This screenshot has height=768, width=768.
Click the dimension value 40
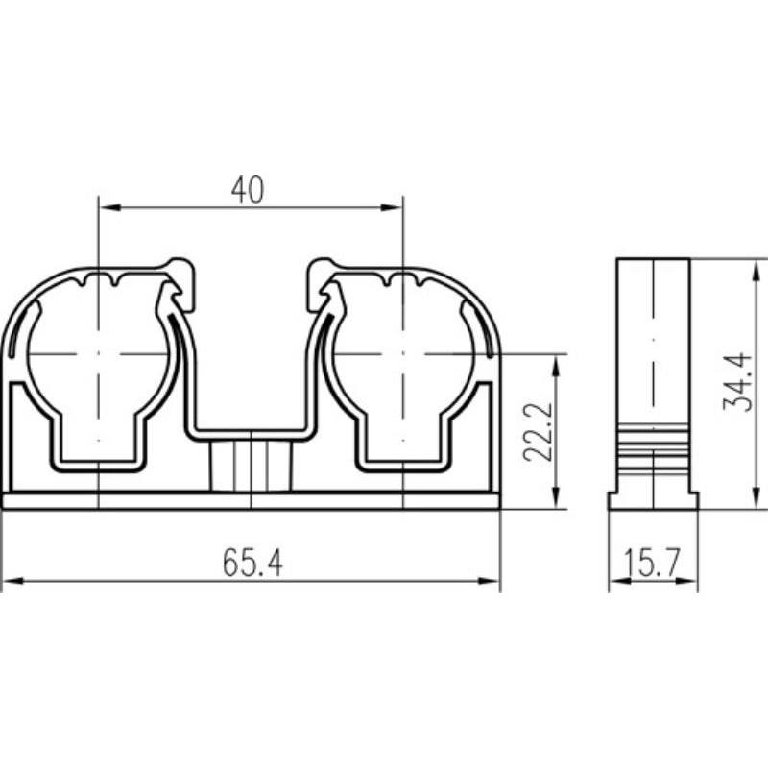click(x=248, y=189)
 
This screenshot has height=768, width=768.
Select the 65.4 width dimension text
click(x=252, y=563)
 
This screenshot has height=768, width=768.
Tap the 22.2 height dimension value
click(x=538, y=432)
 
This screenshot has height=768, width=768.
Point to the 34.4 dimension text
click(x=737, y=382)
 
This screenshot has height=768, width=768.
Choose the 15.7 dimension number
click(x=653, y=563)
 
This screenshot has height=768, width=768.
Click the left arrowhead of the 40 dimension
click(x=109, y=207)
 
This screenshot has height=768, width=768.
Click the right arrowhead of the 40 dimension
click(x=392, y=207)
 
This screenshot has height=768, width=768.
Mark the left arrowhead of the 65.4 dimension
click(x=12, y=581)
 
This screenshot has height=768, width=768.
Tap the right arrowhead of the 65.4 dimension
click(x=489, y=581)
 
